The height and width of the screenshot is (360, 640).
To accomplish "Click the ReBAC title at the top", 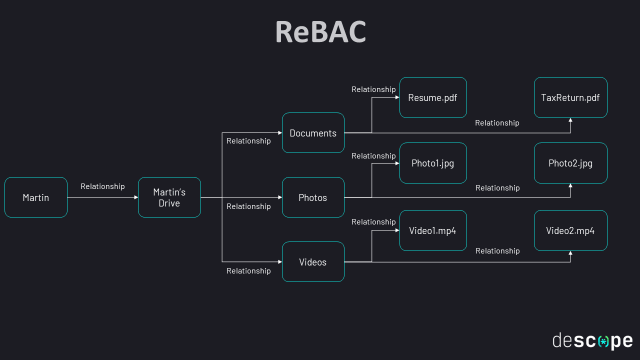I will tap(320, 32).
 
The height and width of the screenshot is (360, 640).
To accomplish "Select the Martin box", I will tap(36, 197).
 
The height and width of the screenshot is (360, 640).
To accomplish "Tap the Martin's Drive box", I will tap(169, 197).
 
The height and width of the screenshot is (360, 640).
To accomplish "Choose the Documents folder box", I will tap(313, 133).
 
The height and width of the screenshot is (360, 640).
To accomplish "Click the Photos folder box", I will tap(313, 197).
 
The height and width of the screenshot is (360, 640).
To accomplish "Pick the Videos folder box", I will tap(313, 262).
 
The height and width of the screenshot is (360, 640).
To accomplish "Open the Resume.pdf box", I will tap(433, 97).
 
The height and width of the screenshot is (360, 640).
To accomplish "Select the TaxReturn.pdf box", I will tap(570, 97).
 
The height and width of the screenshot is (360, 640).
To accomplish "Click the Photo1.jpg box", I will tap(433, 163).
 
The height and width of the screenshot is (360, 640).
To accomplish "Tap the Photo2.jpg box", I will tap(570, 163).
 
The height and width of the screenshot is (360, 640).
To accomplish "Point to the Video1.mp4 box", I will tap(433, 230).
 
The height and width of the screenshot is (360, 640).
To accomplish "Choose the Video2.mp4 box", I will tap(570, 230).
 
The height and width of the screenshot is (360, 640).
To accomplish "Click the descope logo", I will tap(592, 341).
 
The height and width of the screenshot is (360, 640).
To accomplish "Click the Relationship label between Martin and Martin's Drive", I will tap(102, 186).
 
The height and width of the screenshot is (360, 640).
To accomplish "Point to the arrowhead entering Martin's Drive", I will tap(135, 197).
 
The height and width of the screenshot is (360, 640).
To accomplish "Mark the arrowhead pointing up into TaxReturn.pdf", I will tap(570, 120).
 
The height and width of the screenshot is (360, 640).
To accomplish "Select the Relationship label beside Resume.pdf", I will tap(373, 89).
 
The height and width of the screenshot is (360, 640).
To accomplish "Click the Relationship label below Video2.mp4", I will tap(497, 251).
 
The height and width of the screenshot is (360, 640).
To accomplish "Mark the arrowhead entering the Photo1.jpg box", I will tap(397, 163).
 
